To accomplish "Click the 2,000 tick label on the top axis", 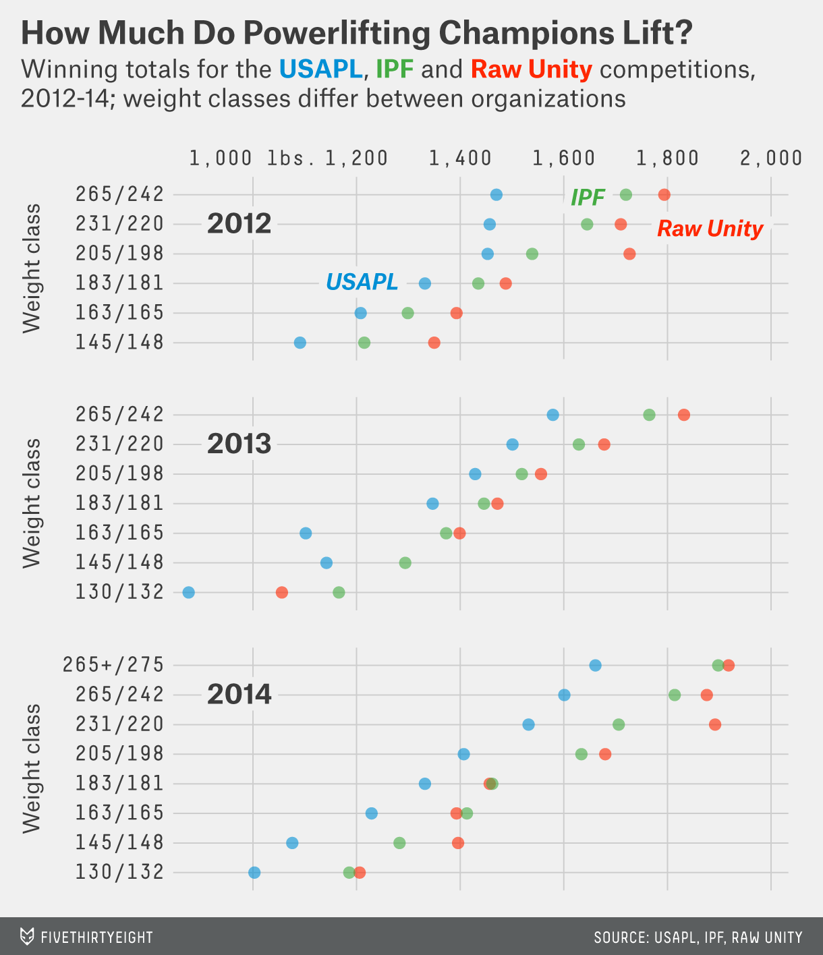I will tap(771, 158).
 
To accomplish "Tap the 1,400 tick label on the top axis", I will tap(460, 158).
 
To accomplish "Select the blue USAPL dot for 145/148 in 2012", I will tap(300, 343).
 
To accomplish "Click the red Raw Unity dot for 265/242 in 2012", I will tap(664, 195).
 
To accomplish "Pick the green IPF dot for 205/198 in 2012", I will tap(532, 254).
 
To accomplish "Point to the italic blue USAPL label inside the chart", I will tap(362, 281).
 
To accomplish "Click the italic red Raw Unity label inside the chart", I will tap(710, 229).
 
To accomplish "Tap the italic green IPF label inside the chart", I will tap(588, 197).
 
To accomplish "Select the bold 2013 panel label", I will tap(239, 444).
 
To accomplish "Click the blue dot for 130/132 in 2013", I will tap(189, 592).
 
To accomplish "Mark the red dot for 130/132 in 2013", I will tap(282, 592).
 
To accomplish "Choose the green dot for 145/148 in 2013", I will tap(405, 562).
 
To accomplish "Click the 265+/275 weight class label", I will tap(113, 665).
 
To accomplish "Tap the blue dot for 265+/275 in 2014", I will tap(595, 665).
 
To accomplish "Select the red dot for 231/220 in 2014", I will tap(715, 724).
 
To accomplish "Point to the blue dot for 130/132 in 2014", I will tap(254, 872).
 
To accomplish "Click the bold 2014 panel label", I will tap(239, 694).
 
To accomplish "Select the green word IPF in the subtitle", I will tap(394, 69).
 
